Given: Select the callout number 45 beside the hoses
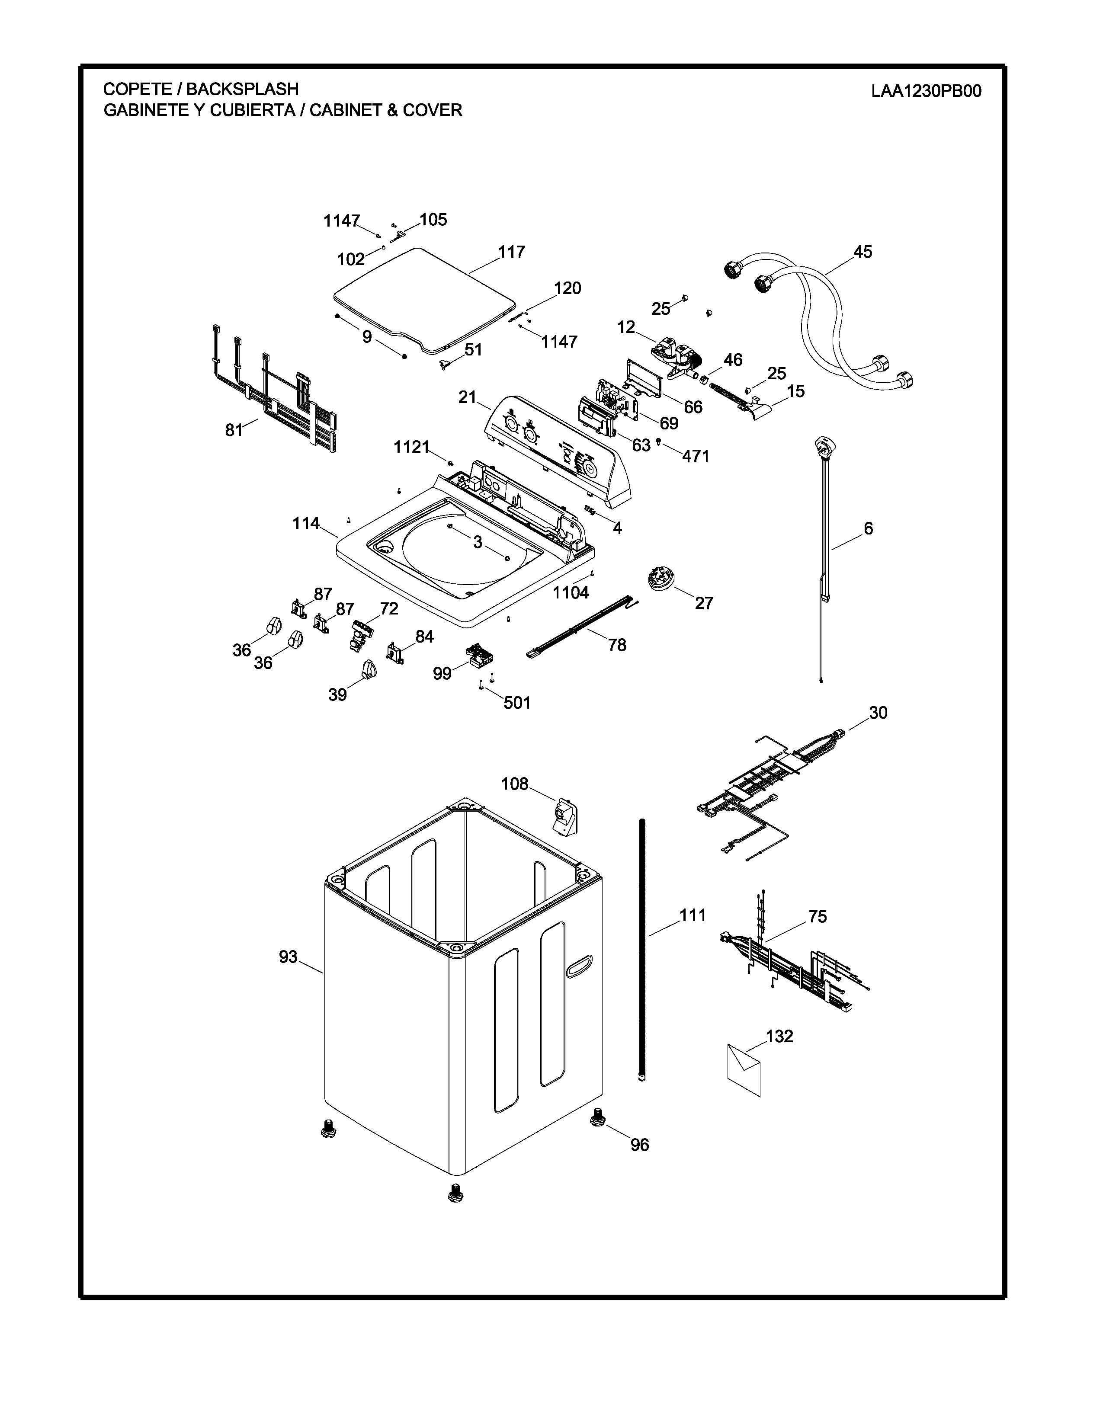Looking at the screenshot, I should [863, 252].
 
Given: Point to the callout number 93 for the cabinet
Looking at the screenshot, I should [288, 957].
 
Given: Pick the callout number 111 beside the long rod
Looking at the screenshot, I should [693, 915].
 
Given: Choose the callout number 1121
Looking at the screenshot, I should [411, 448].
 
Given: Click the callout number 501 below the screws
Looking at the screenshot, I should [517, 703].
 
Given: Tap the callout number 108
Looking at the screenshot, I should [514, 784].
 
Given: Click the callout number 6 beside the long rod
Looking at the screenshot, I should [868, 528].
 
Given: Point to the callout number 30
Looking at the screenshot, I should [878, 713].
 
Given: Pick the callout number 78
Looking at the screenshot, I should [617, 645].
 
